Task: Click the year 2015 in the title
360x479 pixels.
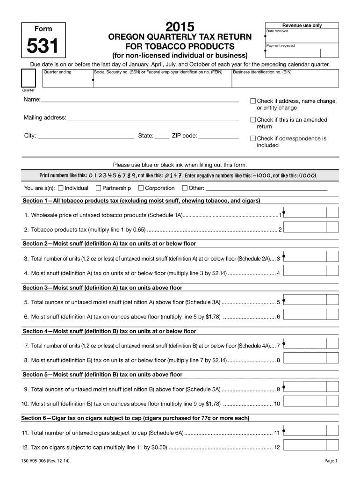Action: click(180, 27)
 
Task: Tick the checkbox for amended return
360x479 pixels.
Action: click(253, 120)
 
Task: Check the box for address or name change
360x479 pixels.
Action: click(253, 101)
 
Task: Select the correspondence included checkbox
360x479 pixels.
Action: click(253, 138)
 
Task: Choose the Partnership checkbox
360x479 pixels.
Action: click(98, 188)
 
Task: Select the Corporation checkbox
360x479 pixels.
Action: click(141, 188)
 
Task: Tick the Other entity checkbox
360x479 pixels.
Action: click(185, 188)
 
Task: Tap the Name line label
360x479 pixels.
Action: click(32, 100)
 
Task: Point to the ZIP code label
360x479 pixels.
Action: click(184, 136)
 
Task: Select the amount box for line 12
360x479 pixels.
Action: click(304, 446)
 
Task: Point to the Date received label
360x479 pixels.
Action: click(277, 31)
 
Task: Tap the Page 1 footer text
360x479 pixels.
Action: click(331, 461)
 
